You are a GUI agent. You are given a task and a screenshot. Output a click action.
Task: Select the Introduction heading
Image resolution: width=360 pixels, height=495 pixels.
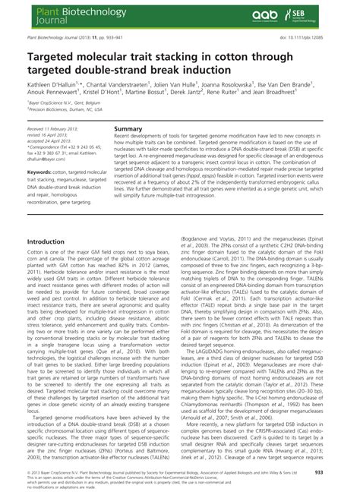(x=46, y=241)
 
